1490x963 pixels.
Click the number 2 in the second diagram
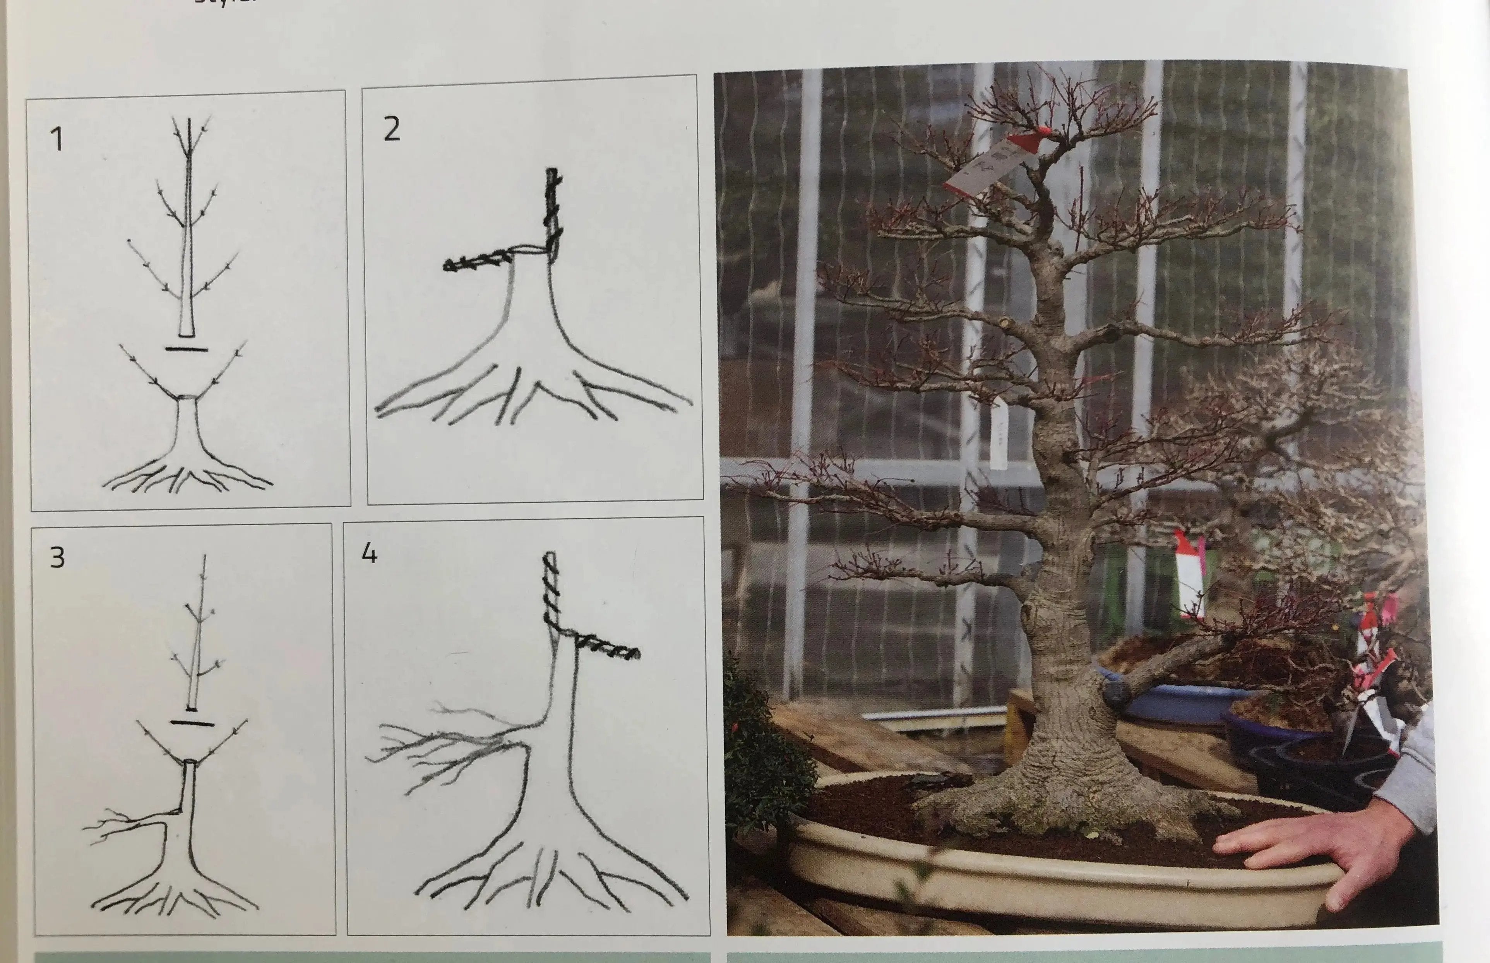(x=391, y=129)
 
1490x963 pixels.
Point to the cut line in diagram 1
(x=186, y=349)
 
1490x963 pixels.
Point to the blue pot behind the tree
(x=1175, y=700)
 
